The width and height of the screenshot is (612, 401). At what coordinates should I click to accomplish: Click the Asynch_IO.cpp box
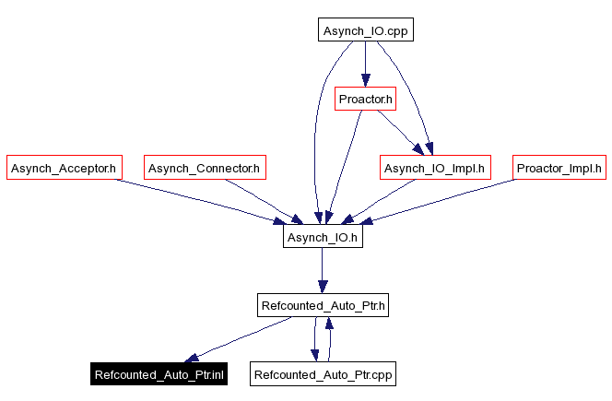pyautogui.click(x=365, y=30)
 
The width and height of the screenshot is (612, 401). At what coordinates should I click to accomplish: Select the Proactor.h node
pyautogui.click(x=365, y=99)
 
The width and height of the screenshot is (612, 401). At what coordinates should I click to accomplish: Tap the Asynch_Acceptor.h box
pyautogui.click(x=64, y=168)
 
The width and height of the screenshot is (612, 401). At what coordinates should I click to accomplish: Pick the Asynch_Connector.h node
pyautogui.click(x=206, y=168)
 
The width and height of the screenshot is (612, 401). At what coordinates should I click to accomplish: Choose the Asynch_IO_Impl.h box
pyautogui.click(x=435, y=168)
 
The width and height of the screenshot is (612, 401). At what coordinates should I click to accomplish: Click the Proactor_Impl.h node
pyautogui.click(x=559, y=168)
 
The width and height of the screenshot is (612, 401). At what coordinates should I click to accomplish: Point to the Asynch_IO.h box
pyautogui.click(x=322, y=237)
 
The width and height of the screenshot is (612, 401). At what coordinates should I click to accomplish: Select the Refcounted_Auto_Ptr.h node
pyautogui.click(x=322, y=305)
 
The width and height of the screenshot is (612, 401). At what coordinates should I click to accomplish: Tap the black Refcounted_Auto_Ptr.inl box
pyautogui.click(x=159, y=375)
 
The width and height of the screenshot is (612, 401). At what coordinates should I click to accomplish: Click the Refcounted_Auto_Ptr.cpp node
pyautogui.click(x=323, y=375)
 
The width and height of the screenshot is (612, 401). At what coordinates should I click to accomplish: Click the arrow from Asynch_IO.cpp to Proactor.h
pyautogui.click(x=365, y=65)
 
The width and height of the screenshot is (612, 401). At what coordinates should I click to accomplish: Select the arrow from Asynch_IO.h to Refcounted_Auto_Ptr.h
pyautogui.click(x=322, y=271)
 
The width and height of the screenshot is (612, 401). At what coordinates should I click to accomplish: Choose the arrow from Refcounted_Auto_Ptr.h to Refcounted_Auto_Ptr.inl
pyautogui.click(x=239, y=340)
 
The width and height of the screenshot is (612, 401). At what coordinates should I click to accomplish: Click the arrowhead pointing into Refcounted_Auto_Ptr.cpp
pyautogui.click(x=314, y=355)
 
